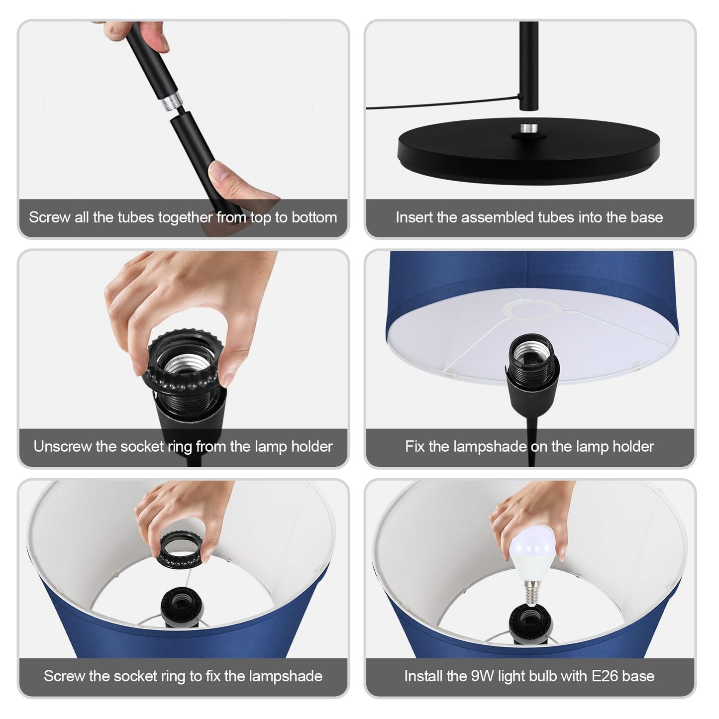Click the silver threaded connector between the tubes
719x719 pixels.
coord(172,101)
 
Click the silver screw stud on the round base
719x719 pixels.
coord(529,129)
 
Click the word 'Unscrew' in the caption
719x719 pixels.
coord(62,447)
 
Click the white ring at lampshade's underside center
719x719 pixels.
coord(532,309)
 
